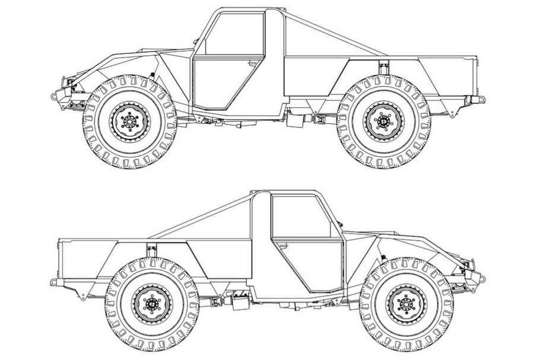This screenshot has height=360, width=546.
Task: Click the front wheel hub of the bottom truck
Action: (407, 304)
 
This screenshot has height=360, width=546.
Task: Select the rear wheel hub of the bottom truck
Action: (152, 304)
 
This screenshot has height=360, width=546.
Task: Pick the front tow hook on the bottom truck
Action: (481, 278)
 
